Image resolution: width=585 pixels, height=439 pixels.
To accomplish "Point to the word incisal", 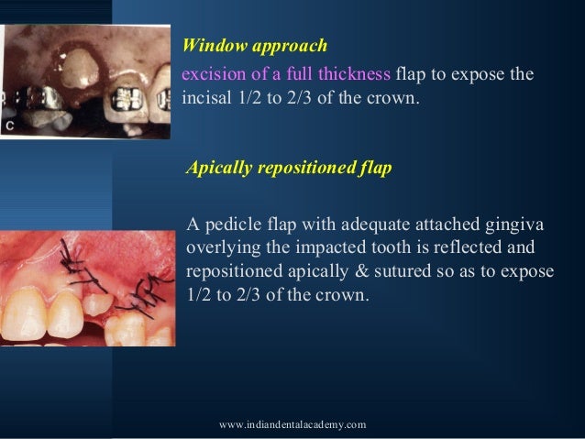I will (205, 95).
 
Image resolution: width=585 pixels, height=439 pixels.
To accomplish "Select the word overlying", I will (221, 249).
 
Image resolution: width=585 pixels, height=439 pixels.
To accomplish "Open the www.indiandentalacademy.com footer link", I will (293, 423).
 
